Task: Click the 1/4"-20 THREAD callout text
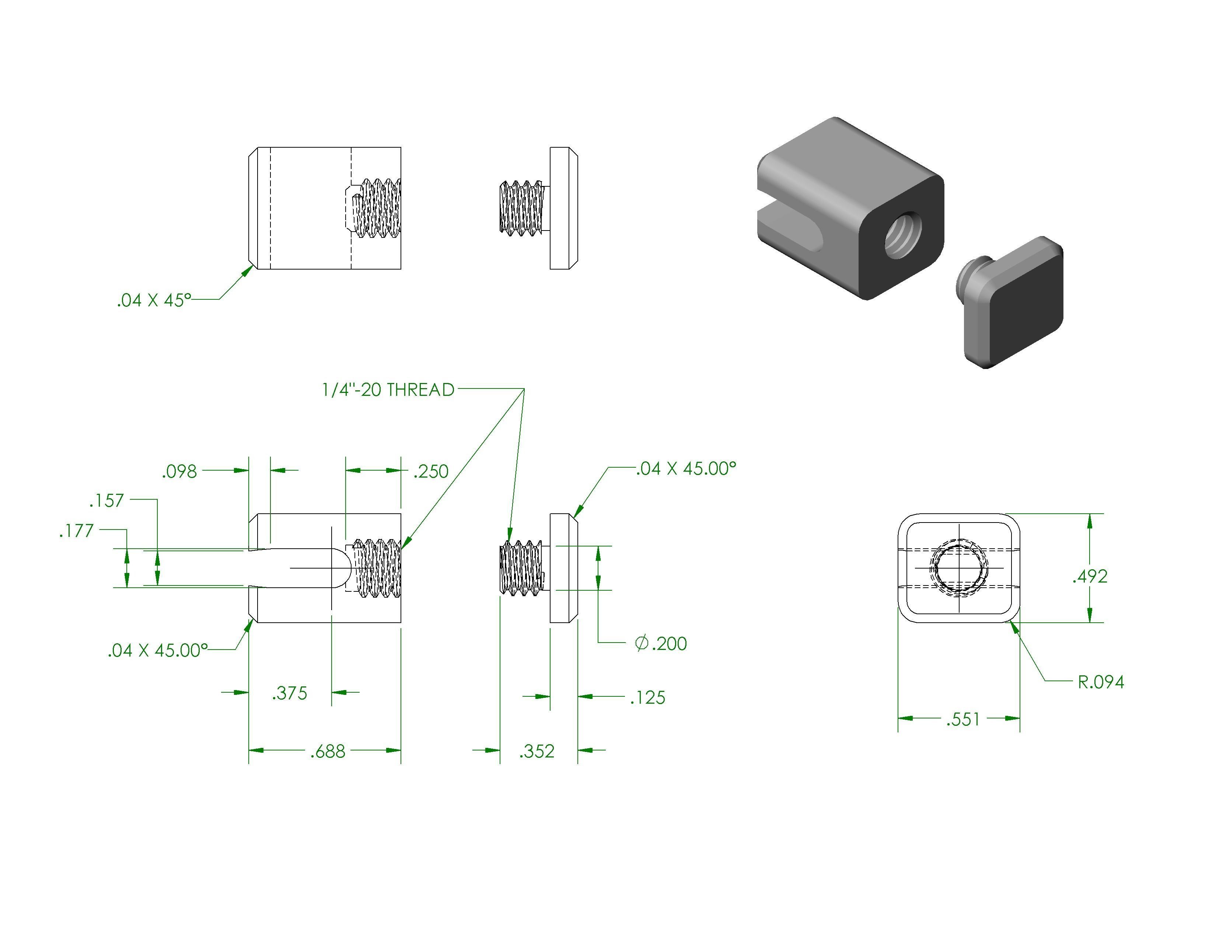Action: tap(388, 390)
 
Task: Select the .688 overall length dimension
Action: tap(328, 752)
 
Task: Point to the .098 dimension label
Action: tap(179, 472)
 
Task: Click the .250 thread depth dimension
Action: tap(431, 472)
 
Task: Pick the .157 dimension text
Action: tap(106, 501)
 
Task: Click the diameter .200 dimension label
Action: tap(661, 644)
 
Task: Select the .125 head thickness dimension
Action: tap(647, 697)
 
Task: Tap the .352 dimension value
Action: tap(537, 752)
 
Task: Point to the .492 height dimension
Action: tap(1090, 576)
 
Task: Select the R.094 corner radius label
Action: tap(1101, 682)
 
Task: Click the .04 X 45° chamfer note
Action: tap(154, 300)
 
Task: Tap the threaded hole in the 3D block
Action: tap(903, 233)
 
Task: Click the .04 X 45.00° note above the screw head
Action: tap(686, 469)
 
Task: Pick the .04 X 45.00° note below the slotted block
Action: tap(158, 650)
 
